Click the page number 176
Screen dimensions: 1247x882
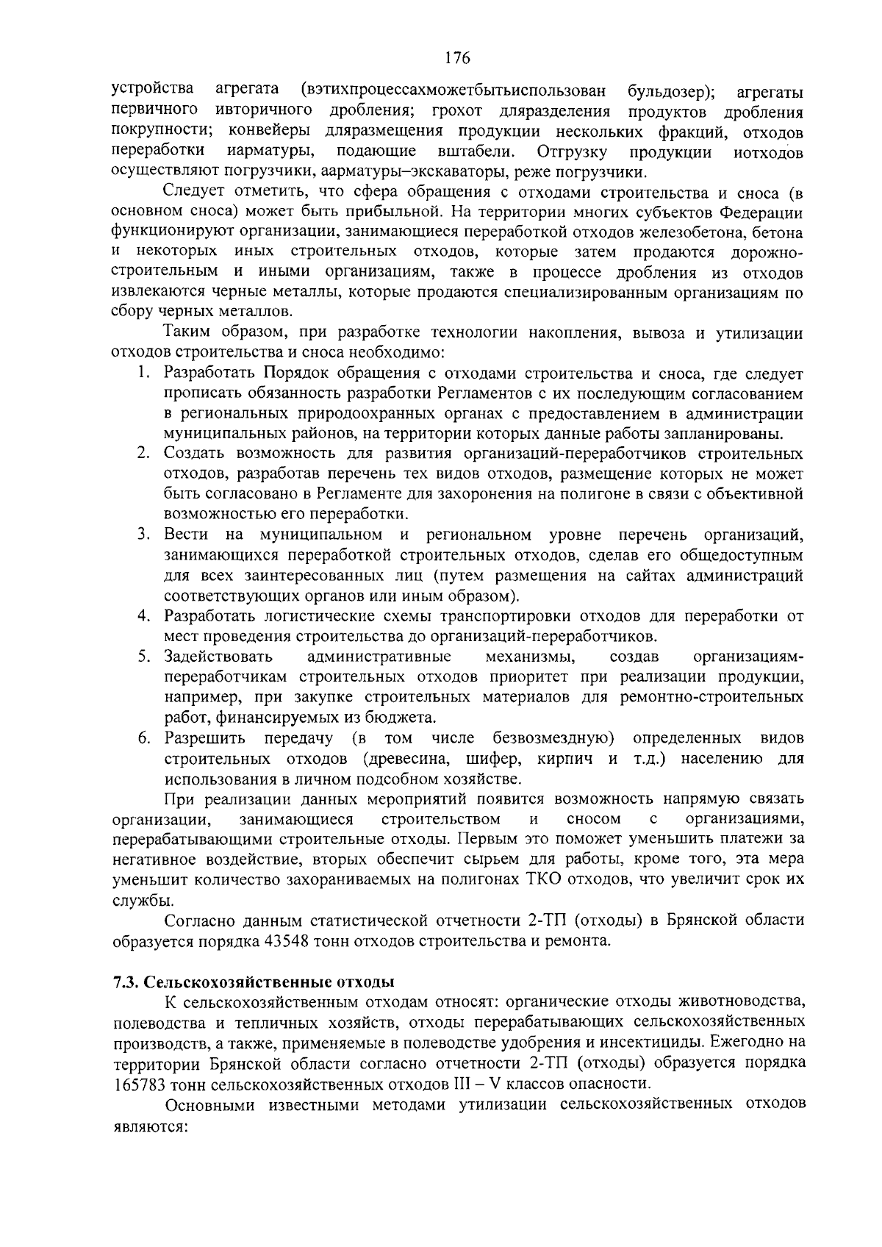point(456,58)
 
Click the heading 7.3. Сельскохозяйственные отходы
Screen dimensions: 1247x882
point(254,982)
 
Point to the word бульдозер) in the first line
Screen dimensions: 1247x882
point(672,92)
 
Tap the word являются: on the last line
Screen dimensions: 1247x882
point(148,1125)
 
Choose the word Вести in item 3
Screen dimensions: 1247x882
point(186,534)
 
